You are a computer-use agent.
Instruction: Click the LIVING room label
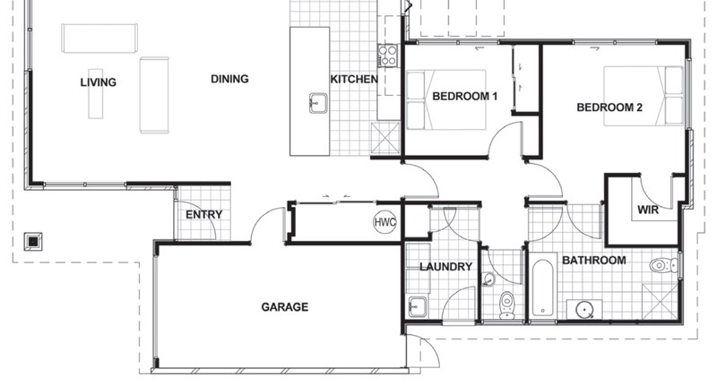(98, 82)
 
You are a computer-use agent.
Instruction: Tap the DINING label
(229, 79)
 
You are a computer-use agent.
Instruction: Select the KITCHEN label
(354, 80)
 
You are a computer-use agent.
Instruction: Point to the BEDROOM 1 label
(464, 96)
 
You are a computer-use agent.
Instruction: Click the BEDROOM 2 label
(609, 107)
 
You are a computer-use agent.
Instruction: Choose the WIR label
(648, 210)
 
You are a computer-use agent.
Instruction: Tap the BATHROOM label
(593, 261)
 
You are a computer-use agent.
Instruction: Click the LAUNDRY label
(445, 267)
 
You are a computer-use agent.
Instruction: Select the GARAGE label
(284, 307)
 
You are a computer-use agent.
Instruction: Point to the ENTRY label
(203, 215)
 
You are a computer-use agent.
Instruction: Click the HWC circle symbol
(384, 221)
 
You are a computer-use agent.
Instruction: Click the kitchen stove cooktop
(390, 56)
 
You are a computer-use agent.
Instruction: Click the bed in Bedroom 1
(445, 99)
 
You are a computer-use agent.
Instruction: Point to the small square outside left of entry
(33, 240)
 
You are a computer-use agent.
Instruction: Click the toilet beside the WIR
(662, 264)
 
